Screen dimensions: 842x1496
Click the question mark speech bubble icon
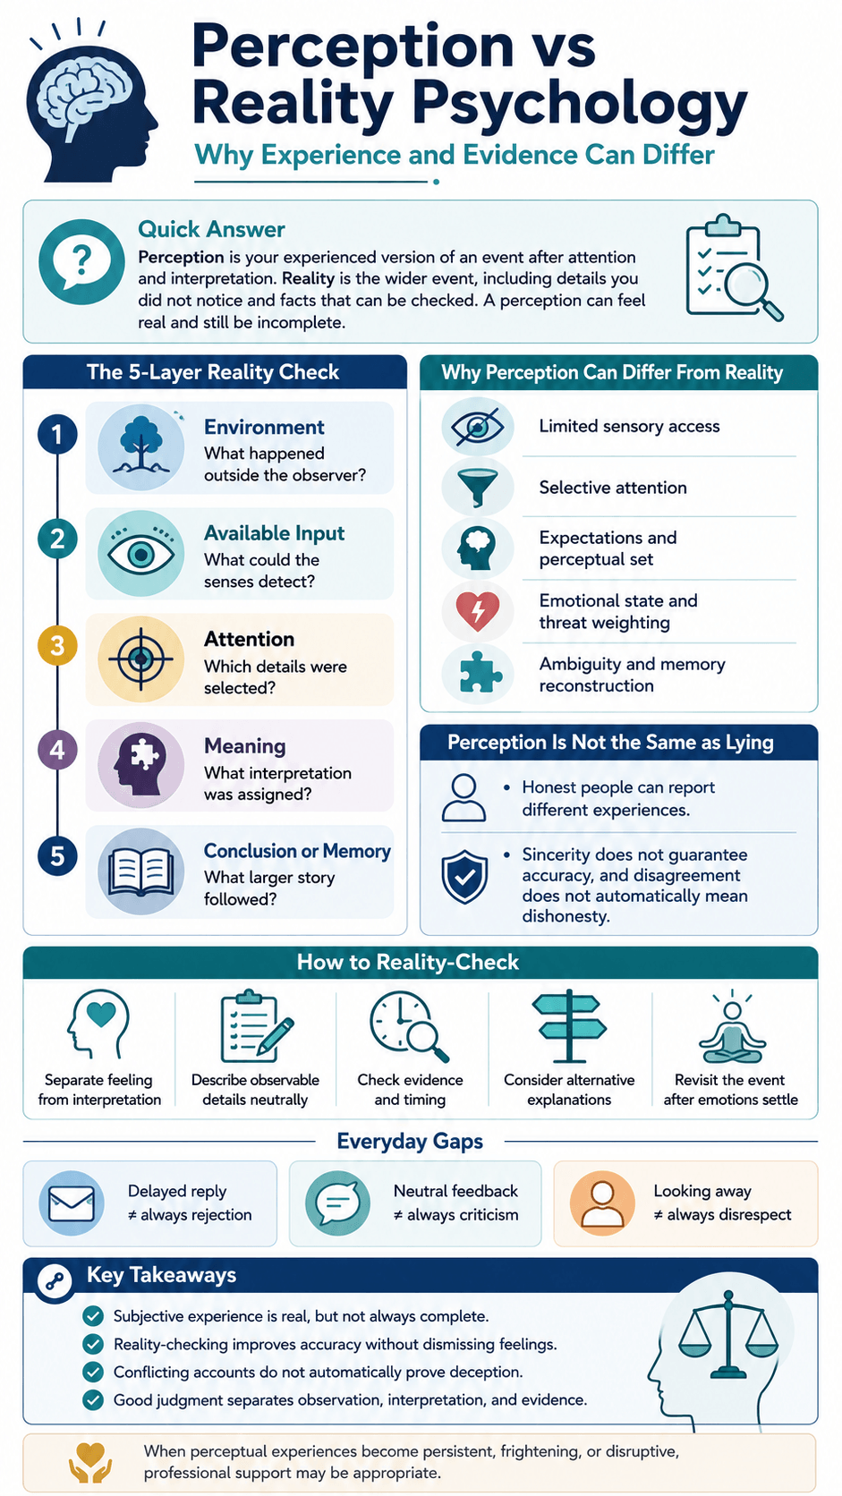81,262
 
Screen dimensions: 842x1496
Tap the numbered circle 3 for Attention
57,646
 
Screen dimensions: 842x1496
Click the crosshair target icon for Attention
140,659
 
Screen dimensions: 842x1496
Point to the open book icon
140,871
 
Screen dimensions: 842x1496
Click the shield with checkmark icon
464,877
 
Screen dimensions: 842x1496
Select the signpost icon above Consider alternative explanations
569,1026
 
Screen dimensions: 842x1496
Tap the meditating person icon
732,1028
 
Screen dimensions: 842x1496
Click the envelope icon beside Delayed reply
72,1203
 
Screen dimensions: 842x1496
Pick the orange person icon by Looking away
602,1203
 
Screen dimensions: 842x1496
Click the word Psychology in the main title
579,104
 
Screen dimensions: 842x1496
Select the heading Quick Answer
211,229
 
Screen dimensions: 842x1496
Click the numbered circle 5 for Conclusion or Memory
57,856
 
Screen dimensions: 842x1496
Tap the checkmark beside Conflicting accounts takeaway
93,1372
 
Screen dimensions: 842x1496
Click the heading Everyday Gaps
409,1142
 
